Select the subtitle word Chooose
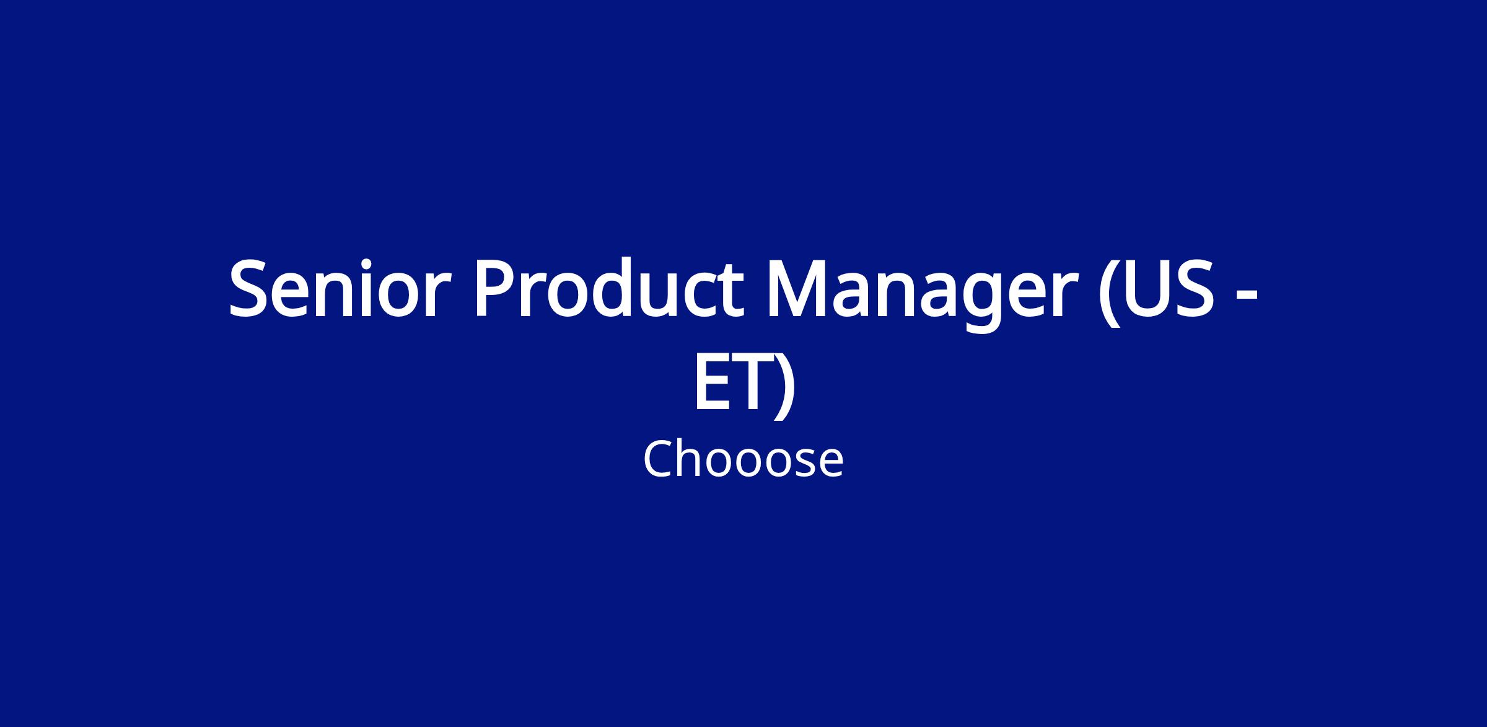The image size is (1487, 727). pos(743,459)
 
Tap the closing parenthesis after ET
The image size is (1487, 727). pos(784,384)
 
